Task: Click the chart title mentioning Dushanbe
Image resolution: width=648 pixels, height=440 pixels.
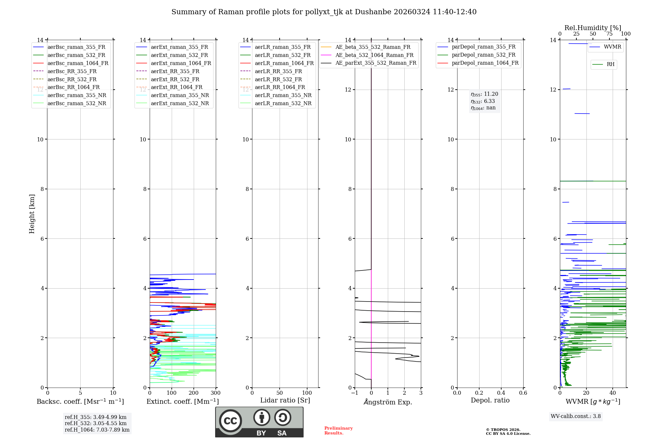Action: (324, 12)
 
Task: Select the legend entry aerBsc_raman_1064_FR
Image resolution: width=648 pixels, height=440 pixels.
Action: (78, 63)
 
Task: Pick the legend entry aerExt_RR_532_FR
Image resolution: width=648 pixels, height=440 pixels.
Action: (175, 79)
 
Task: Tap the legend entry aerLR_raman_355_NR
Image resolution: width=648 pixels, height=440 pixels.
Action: (283, 95)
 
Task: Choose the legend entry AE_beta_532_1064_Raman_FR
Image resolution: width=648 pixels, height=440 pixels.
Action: (374, 55)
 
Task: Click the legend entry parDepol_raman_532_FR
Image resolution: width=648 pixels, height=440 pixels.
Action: (483, 55)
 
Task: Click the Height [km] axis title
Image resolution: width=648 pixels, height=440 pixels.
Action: (32, 214)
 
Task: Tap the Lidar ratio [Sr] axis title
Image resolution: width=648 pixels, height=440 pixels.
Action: (285, 400)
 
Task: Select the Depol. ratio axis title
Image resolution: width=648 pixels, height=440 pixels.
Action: (490, 400)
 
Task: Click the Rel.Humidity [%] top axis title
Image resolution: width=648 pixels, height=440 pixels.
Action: (593, 28)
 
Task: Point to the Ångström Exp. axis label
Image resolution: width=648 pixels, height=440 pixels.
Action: (388, 402)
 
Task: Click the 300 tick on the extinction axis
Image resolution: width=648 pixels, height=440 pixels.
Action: (215, 393)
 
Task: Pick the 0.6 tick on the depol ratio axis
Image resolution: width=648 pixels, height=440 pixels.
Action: (523, 393)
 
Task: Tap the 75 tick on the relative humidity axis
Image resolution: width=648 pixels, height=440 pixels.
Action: (609, 34)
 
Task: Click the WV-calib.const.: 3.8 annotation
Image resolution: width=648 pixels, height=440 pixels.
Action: (576, 416)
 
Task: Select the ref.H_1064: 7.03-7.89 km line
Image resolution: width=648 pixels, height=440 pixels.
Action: (97, 430)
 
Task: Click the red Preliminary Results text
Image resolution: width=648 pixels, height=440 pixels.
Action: (338, 431)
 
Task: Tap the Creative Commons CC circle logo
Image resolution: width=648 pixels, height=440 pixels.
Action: (230, 421)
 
